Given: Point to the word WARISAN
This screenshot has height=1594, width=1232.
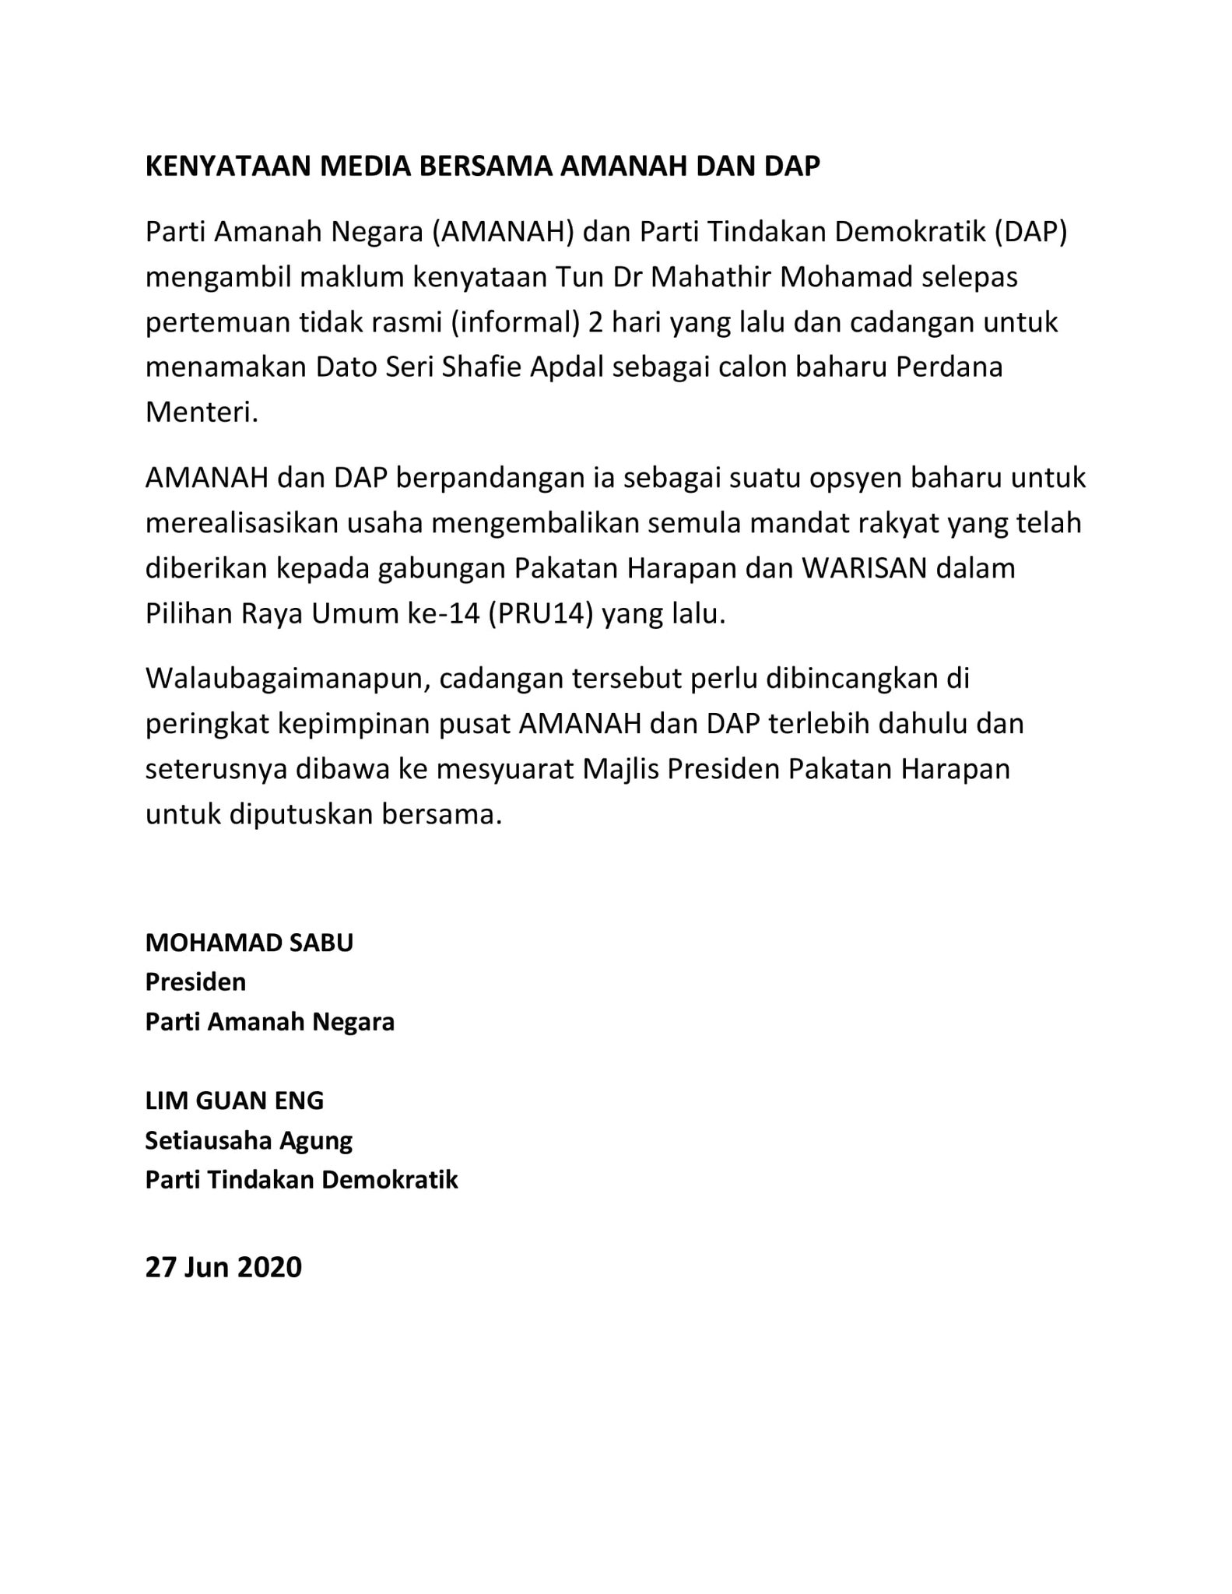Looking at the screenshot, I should click(x=865, y=568).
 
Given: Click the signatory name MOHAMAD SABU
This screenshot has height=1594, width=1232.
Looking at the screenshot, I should click(x=249, y=943).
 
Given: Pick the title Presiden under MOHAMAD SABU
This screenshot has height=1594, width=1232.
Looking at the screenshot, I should click(x=195, y=982).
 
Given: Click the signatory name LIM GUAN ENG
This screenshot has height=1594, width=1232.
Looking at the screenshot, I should click(x=234, y=1101).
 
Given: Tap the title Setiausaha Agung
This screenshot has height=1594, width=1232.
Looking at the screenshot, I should click(x=249, y=1140).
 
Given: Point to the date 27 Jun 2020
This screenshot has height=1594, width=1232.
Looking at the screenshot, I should click(x=223, y=1267).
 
